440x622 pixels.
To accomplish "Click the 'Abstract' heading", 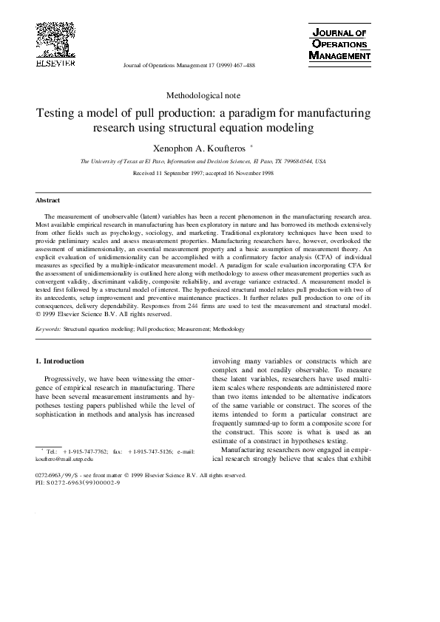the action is click(x=48, y=200).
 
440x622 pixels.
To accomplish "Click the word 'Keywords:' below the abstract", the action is click(x=48, y=328).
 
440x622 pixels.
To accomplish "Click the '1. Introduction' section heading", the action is click(x=60, y=360).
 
